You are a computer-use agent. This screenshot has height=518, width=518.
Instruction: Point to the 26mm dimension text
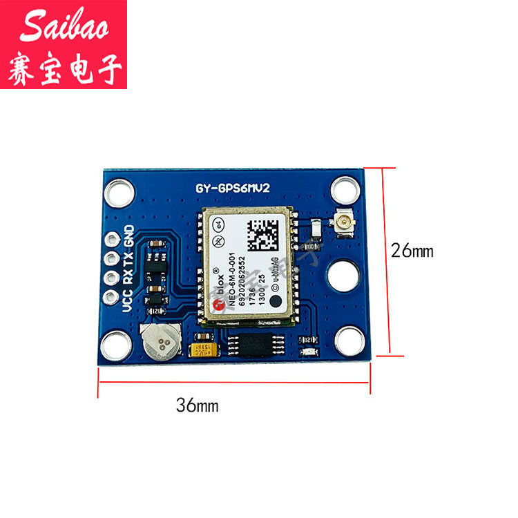(412, 251)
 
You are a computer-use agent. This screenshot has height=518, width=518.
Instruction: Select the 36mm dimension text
(196, 405)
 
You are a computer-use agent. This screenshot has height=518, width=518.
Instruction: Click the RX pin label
(128, 278)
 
